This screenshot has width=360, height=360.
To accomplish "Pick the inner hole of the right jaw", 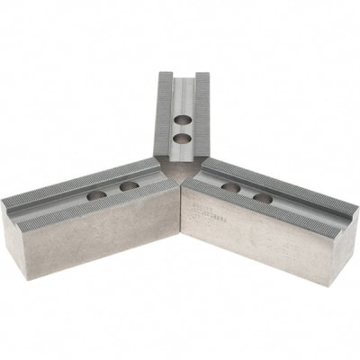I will (x=230, y=187).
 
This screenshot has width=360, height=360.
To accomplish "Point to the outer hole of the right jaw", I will (x=262, y=197).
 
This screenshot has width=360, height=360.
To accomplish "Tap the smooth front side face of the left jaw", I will (x=99, y=247).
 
